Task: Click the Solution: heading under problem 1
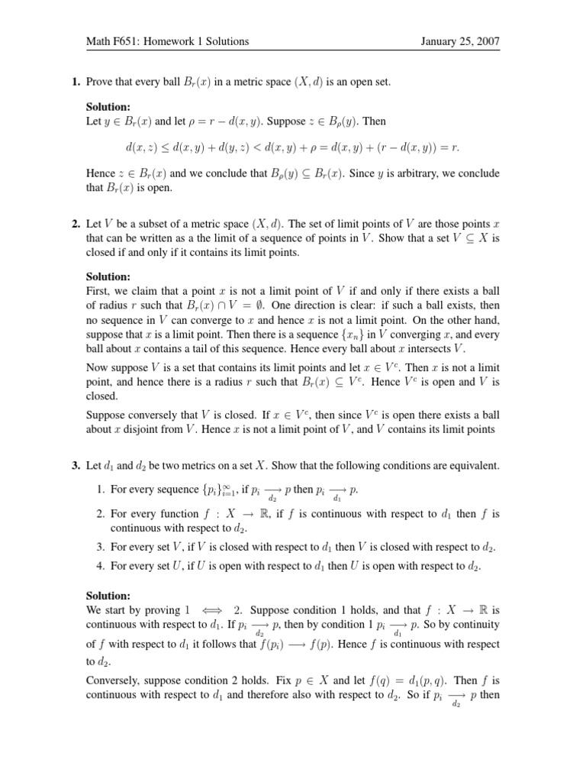(x=108, y=108)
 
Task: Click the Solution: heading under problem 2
(x=108, y=277)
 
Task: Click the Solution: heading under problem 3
(x=108, y=596)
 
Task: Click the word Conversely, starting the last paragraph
(x=116, y=678)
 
